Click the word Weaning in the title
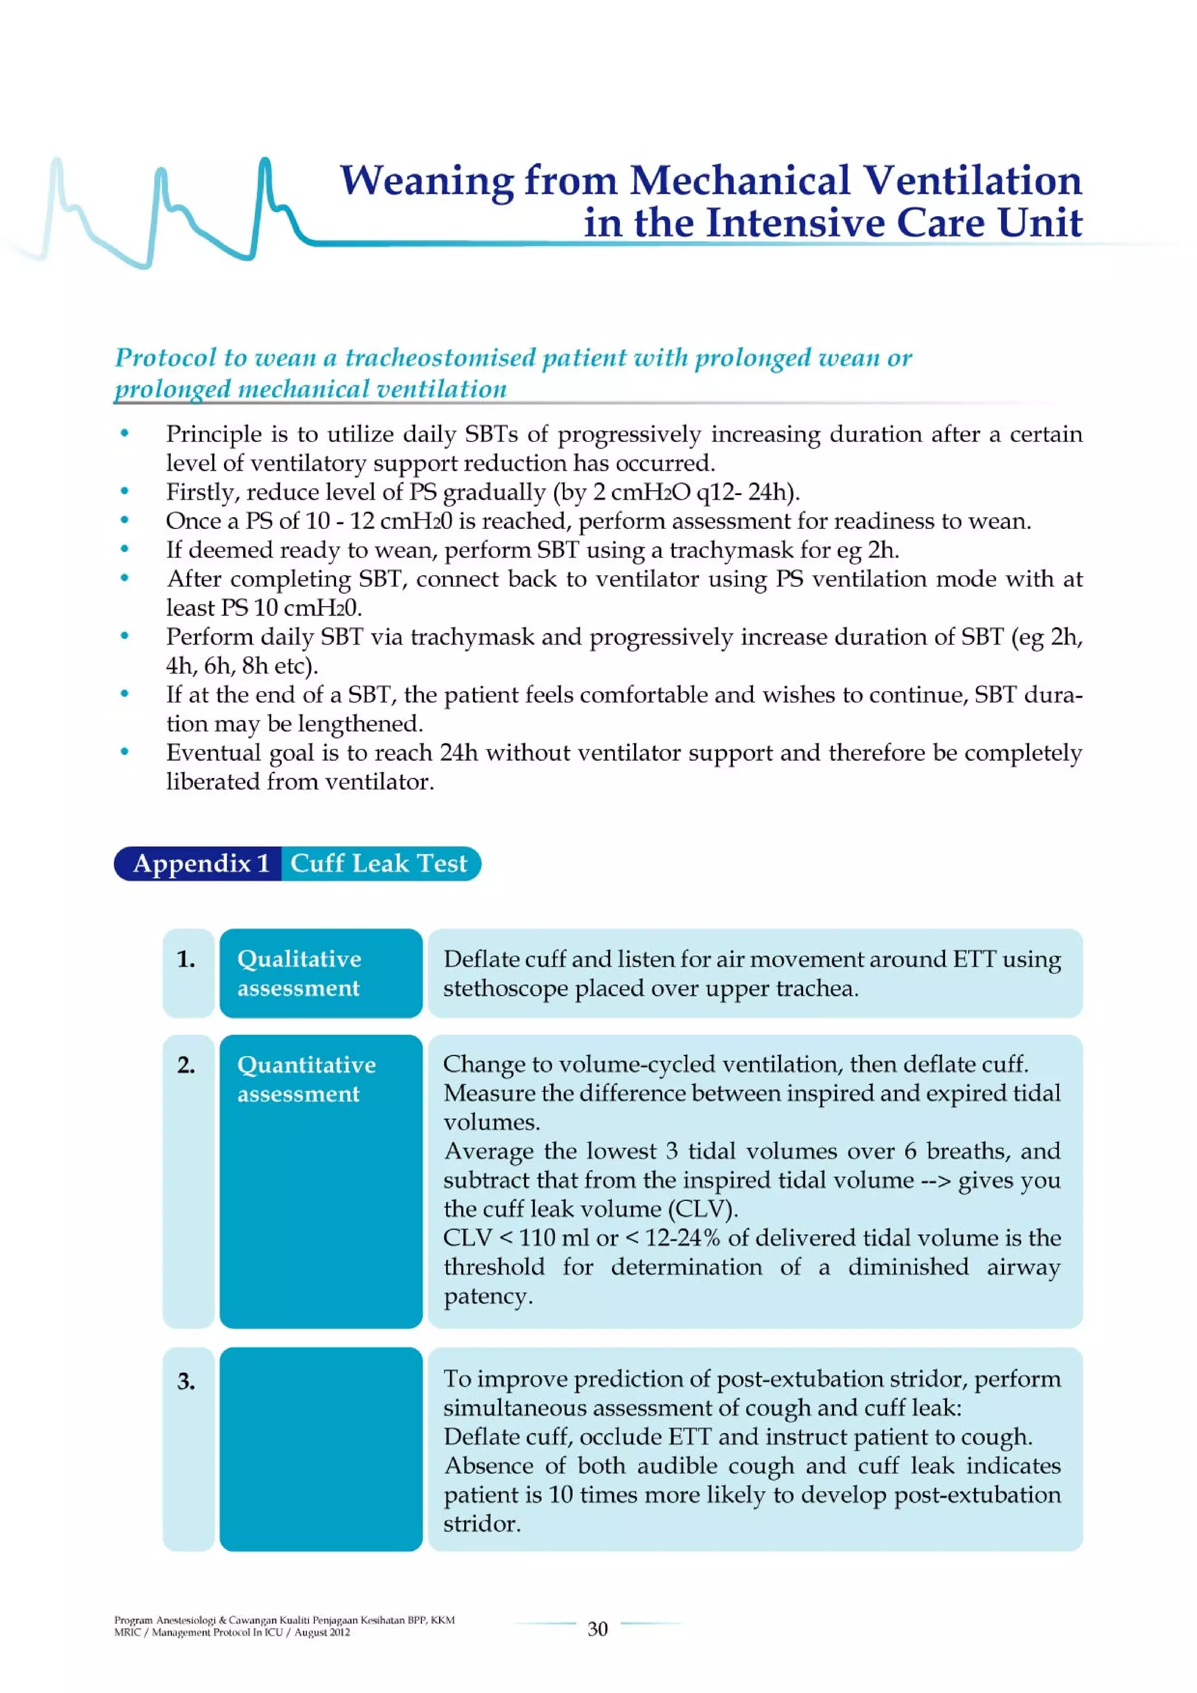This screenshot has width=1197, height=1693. pyautogui.click(x=425, y=181)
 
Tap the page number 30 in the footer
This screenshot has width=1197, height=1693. pyautogui.click(x=597, y=1629)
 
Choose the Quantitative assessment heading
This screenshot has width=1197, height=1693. pyautogui.click(x=306, y=1078)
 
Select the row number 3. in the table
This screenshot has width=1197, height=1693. pyautogui.click(x=186, y=1380)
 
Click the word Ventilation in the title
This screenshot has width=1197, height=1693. pyautogui.click(x=971, y=181)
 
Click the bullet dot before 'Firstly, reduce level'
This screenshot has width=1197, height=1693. pyautogui.click(x=124, y=491)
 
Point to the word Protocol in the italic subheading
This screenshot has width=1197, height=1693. pyautogui.click(x=166, y=358)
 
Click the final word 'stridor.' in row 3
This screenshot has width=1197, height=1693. pyautogui.click(x=482, y=1524)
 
